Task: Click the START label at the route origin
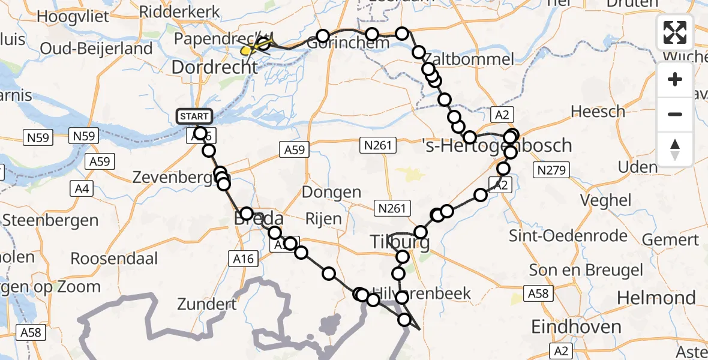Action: pos(194,116)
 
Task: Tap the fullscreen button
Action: pos(675,32)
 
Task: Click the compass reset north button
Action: pos(675,149)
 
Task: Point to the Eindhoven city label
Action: pos(577,327)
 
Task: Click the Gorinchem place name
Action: pos(340,44)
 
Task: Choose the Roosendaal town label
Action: pos(114,259)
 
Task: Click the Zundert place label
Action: pos(206,304)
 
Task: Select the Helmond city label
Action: pos(656,298)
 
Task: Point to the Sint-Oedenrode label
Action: pos(568,235)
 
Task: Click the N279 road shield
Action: pos(552,171)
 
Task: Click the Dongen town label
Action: pos(332,193)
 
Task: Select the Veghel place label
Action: pos(610,200)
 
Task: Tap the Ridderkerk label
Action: pos(171,12)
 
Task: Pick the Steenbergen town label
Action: pos(50,220)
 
